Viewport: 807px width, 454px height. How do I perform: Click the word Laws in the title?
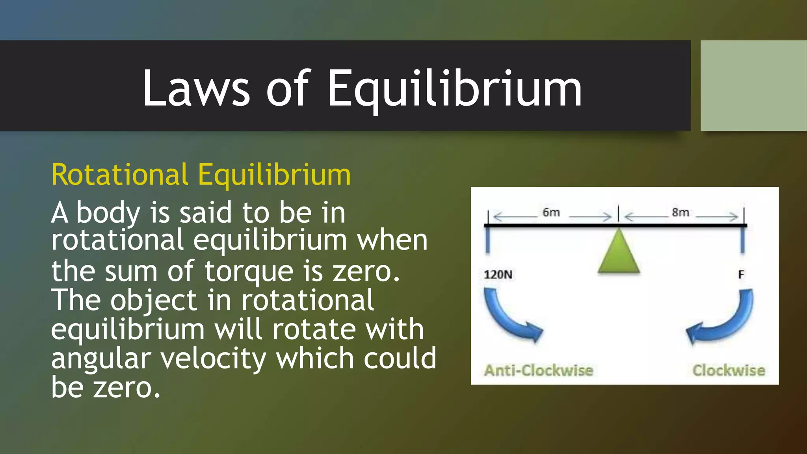196,88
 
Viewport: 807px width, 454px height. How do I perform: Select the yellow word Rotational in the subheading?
120,175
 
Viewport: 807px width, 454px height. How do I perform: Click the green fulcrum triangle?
619,253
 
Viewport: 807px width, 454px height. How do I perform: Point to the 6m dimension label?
551,212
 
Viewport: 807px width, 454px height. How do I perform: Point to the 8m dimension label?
681,212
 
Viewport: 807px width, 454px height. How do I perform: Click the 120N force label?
498,274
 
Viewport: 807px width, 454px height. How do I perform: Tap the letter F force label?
741,274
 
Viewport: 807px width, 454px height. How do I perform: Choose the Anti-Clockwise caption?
539,370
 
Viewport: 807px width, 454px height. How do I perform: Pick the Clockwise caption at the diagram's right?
729,370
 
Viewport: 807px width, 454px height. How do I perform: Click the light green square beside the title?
753,86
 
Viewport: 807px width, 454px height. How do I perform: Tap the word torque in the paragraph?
249,271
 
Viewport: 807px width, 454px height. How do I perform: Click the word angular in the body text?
101,359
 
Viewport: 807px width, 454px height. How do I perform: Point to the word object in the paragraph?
153,300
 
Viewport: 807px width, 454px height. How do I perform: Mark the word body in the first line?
108,213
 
